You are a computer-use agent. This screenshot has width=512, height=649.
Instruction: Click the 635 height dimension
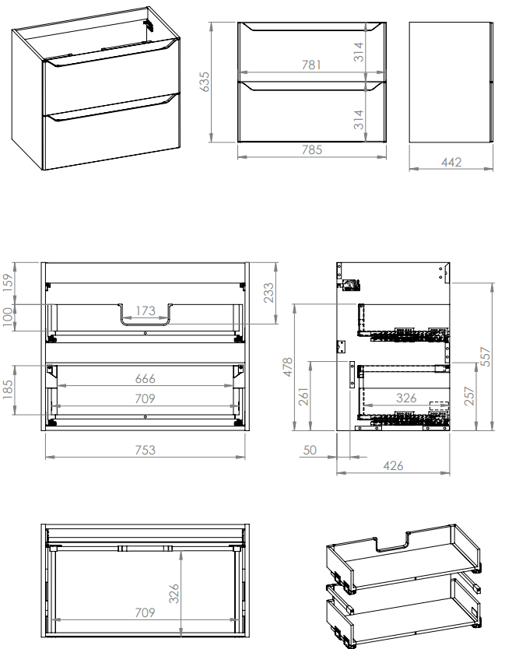coord(205,82)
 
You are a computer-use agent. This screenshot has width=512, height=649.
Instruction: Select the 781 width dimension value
coord(311,65)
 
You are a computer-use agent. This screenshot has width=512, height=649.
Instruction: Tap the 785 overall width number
coord(312,149)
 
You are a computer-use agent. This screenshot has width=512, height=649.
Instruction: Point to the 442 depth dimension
coord(451,162)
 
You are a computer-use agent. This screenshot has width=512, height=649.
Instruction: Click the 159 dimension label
coord(9,282)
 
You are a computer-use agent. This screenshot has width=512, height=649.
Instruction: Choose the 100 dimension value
coord(9,317)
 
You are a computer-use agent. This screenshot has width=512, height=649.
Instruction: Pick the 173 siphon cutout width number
coord(146,310)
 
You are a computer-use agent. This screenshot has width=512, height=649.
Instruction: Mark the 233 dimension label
coord(268,293)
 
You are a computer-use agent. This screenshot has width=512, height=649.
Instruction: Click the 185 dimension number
coord(9,390)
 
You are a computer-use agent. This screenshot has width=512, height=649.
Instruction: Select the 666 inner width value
coord(146,378)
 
